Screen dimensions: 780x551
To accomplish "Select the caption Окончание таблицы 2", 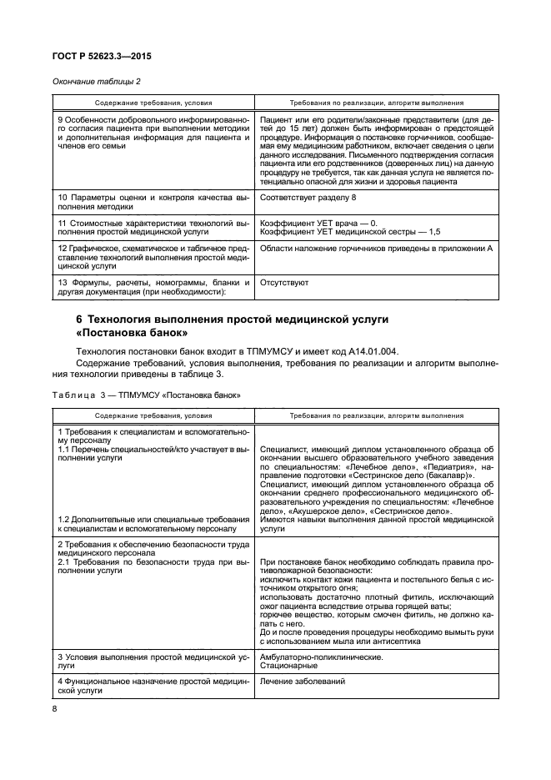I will (x=97, y=80).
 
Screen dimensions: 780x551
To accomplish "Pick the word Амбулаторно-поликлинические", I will (x=322, y=656).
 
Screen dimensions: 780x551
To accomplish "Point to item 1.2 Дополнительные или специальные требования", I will (x=153, y=523).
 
